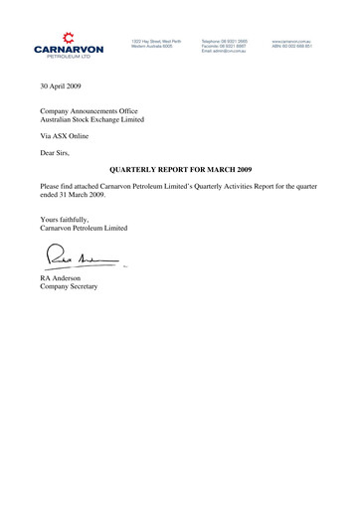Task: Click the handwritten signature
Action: pyautogui.click(x=75, y=260)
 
